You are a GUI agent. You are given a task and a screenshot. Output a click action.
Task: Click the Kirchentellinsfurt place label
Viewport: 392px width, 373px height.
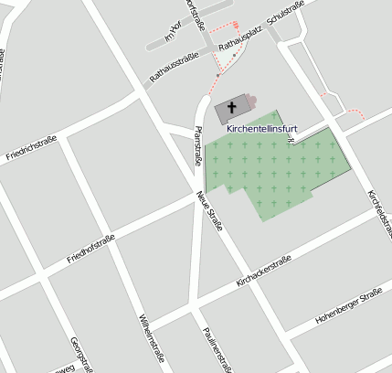(263, 131)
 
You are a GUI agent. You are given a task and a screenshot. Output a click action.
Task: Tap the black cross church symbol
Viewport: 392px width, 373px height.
(231, 108)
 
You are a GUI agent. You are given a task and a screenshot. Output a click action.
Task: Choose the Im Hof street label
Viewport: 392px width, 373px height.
(172, 33)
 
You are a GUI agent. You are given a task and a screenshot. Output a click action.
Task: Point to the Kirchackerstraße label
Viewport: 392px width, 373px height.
(263, 272)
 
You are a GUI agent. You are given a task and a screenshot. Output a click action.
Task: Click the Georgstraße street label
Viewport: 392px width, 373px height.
(82, 354)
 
